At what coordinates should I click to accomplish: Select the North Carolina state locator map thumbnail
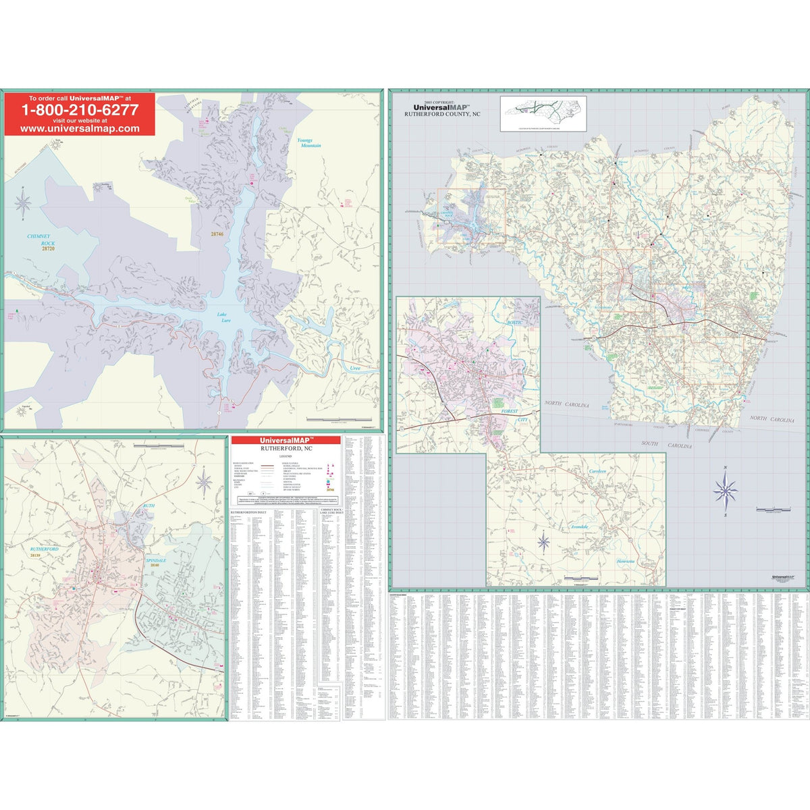[543, 112]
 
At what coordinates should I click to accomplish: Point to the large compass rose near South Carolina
[725, 489]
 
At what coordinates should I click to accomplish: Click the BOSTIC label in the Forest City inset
[515, 324]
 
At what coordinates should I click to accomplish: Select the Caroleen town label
[597, 470]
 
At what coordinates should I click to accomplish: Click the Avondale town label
[579, 526]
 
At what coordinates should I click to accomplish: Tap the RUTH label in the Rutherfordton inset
[148, 505]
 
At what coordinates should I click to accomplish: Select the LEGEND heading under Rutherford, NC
[285, 456]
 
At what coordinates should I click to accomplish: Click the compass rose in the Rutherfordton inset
[205, 482]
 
